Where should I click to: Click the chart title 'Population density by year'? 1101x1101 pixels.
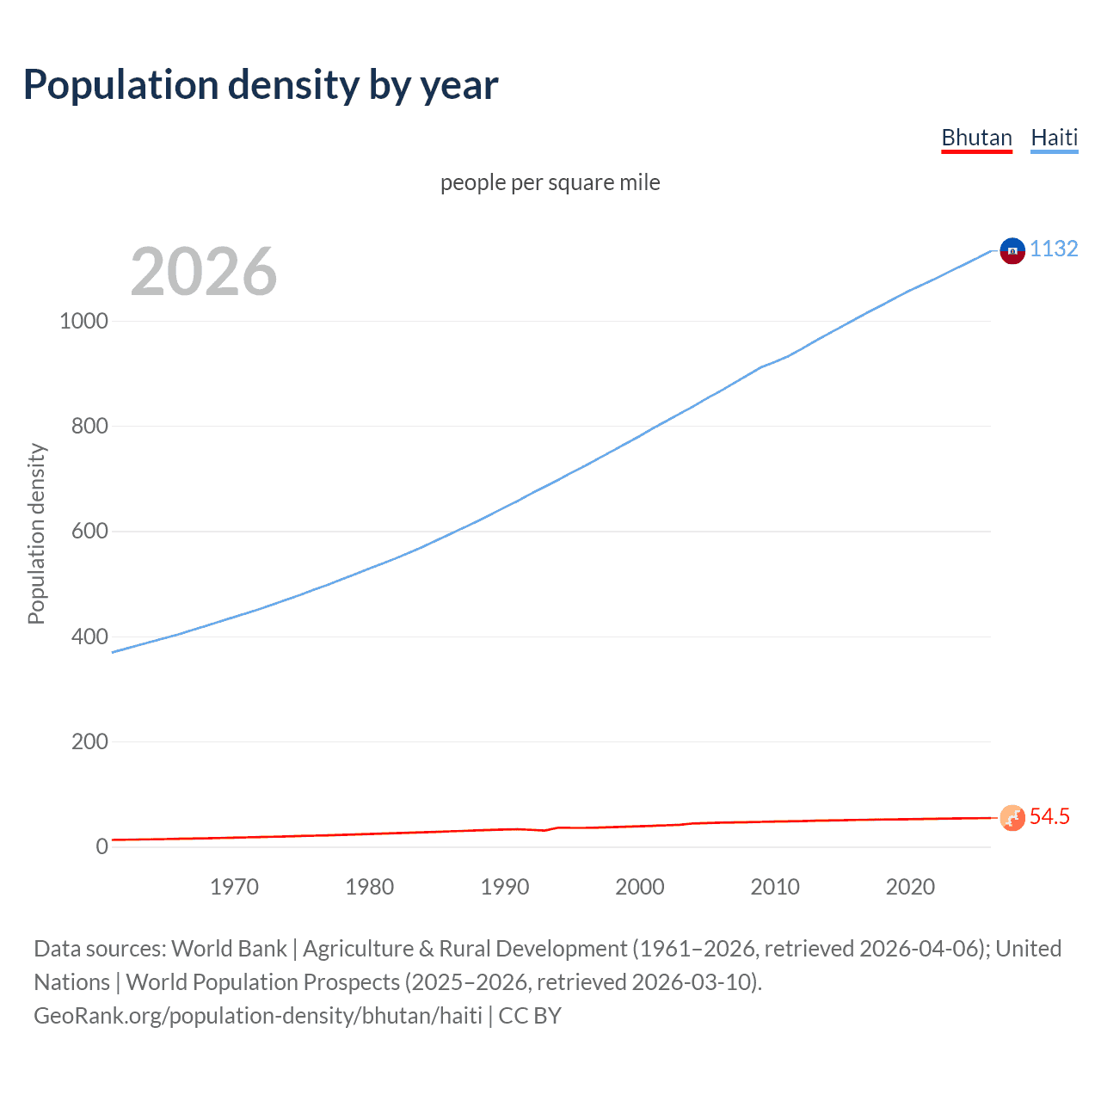coord(261,85)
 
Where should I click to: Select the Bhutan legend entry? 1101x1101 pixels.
coord(976,138)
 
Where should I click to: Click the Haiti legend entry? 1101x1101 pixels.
coord(1054,138)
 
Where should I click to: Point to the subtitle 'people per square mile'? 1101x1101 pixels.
coord(550,182)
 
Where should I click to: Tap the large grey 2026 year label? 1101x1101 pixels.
coord(204,272)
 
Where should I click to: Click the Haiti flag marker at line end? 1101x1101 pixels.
coord(1012,250)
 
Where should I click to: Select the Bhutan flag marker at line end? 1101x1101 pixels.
coord(1012,817)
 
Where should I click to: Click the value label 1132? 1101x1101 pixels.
coord(1054,249)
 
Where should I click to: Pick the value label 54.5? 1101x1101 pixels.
coord(1049,816)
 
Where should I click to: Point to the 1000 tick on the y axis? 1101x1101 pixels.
coord(83,321)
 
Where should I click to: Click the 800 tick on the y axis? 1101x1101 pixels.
coord(89,426)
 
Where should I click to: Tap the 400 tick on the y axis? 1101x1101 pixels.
coord(89,637)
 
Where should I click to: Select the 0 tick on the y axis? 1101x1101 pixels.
coord(102,846)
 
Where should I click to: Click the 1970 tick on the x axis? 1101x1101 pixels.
coord(234,887)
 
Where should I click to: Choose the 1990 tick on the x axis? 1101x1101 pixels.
coord(505,887)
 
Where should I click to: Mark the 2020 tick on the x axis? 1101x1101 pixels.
coord(910,887)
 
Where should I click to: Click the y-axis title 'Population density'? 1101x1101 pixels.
coord(36,533)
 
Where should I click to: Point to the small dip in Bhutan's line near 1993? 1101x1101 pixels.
coord(544,830)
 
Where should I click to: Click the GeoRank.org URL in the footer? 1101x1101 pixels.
coord(258,1016)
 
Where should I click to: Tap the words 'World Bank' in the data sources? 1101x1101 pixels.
coord(229,949)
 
